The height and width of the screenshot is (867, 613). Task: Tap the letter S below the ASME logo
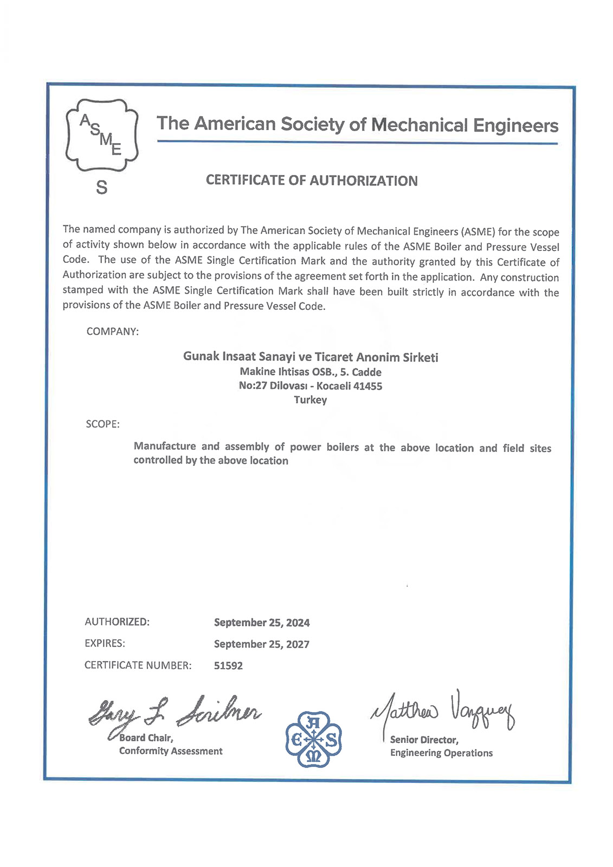[101, 187]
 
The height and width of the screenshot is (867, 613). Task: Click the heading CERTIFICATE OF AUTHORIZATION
[312, 180]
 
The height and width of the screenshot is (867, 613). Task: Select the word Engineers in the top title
[515, 125]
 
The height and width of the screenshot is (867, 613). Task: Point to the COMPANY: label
[113, 332]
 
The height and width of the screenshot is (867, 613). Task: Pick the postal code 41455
[367, 386]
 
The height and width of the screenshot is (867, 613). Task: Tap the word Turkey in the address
[311, 400]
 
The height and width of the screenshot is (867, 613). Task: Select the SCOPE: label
[102, 424]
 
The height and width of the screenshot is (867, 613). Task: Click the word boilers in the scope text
[342, 447]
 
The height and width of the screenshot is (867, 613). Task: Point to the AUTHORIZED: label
[117, 622]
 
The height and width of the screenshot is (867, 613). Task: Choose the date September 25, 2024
[262, 623]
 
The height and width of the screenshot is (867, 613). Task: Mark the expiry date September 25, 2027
[262, 644]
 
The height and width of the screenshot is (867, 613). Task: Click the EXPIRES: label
[105, 643]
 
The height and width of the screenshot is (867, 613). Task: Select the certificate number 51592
[228, 666]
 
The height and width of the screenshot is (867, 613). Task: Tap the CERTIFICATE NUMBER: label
[138, 665]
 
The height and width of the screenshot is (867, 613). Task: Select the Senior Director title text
[424, 740]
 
